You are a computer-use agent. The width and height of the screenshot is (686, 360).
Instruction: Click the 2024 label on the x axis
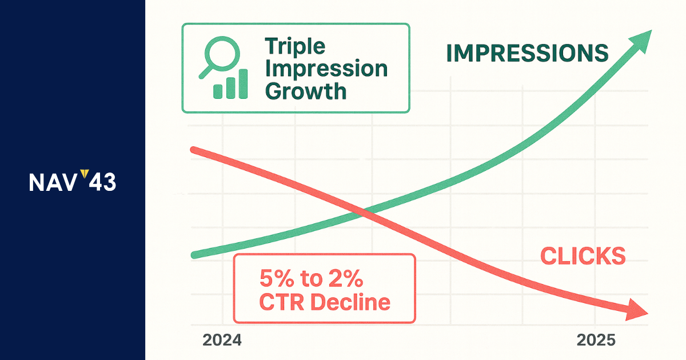pyautogui.click(x=222, y=340)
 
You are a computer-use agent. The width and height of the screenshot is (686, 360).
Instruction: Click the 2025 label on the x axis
pyautogui.click(x=596, y=340)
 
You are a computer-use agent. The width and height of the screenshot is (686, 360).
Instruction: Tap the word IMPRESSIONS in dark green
pyautogui.click(x=527, y=53)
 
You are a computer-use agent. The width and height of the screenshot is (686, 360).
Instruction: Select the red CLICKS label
pyautogui.click(x=583, y=256)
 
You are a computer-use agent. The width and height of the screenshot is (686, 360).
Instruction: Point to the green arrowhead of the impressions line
pyautogui.click(x=641, y=42)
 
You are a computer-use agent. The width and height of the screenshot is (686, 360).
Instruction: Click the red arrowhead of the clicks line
pyautogui.click(x=637, y=310)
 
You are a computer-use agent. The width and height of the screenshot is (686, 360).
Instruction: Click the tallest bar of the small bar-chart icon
pyautogui.click(x=243, y=84)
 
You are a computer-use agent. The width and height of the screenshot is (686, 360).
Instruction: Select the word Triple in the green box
pyautogui.click(x=295, y=46)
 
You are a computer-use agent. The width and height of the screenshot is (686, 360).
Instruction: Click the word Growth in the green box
pyautogui.click(x=306, y=91)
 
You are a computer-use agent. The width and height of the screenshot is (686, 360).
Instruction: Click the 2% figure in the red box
pyautogui.click(x=346, y=279)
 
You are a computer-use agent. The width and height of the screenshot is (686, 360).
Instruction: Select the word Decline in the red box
pyautogui.click(x=350, y=302)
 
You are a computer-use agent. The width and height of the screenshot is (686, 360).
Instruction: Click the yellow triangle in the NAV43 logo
pyautogui.click(x=85, y=173)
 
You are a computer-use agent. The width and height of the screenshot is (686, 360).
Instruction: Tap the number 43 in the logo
pyautogui.click(x=102, y=182)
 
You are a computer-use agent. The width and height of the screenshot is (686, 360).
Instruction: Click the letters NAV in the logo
pyautogui.click(x=53, y=182)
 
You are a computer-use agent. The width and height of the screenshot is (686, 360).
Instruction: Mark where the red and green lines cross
pyautogui.click(x=363, y=213)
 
